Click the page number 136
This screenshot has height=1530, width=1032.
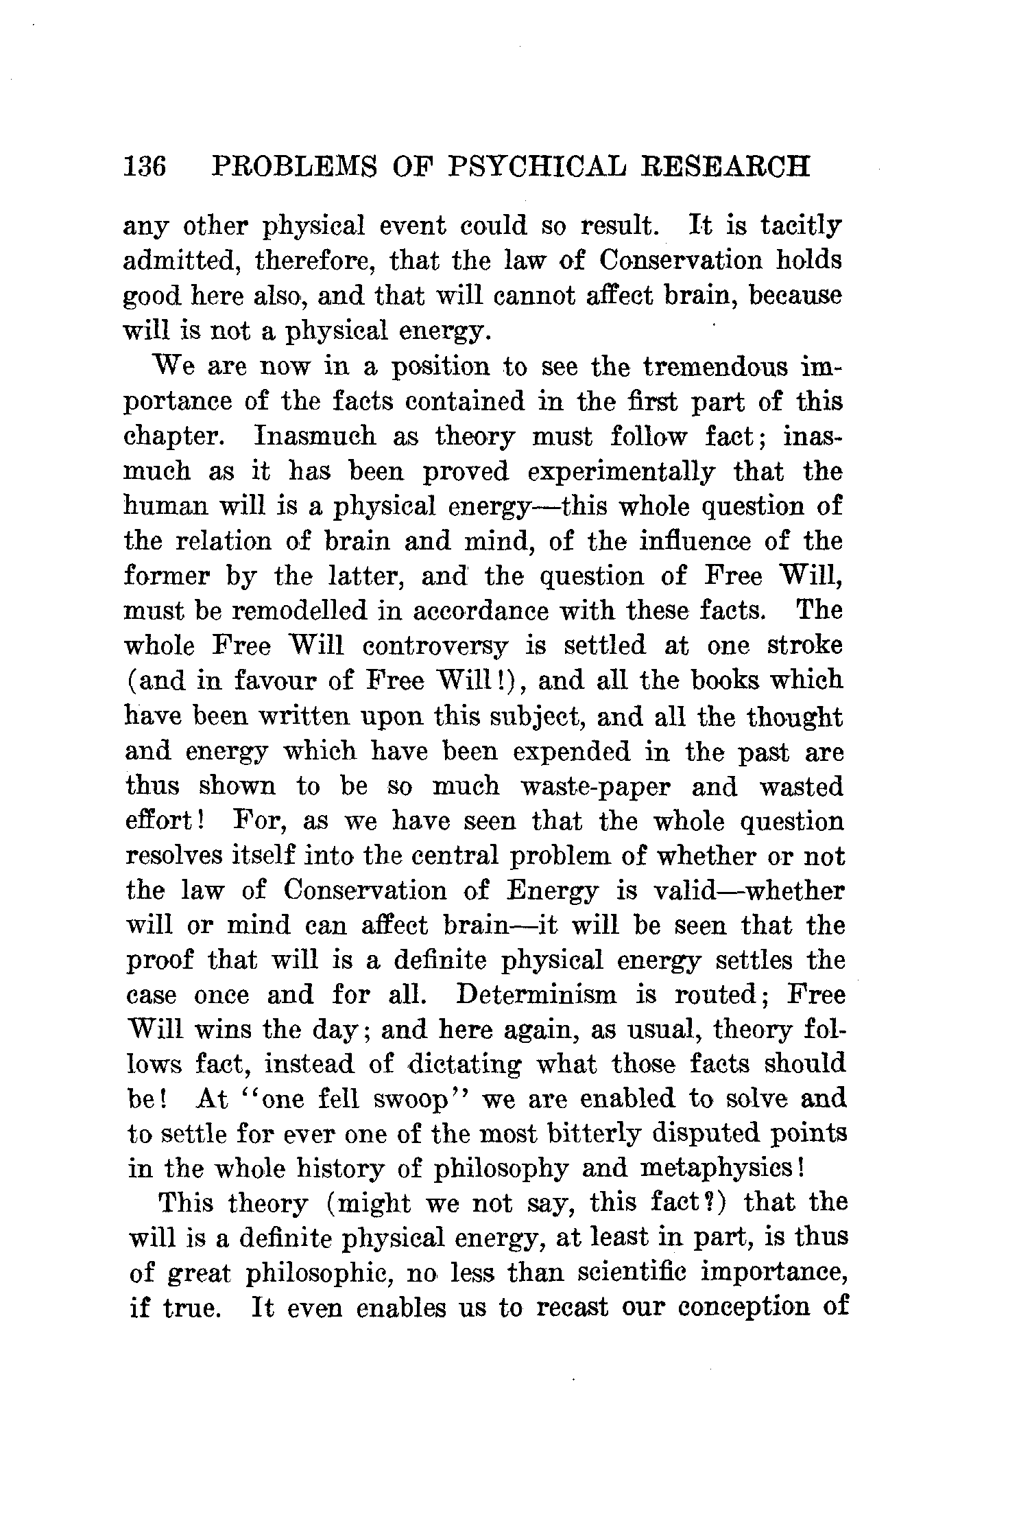[145, 167]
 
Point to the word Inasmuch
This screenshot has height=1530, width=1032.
[315, 436]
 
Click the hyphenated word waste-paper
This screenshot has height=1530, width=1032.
[595, 786]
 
